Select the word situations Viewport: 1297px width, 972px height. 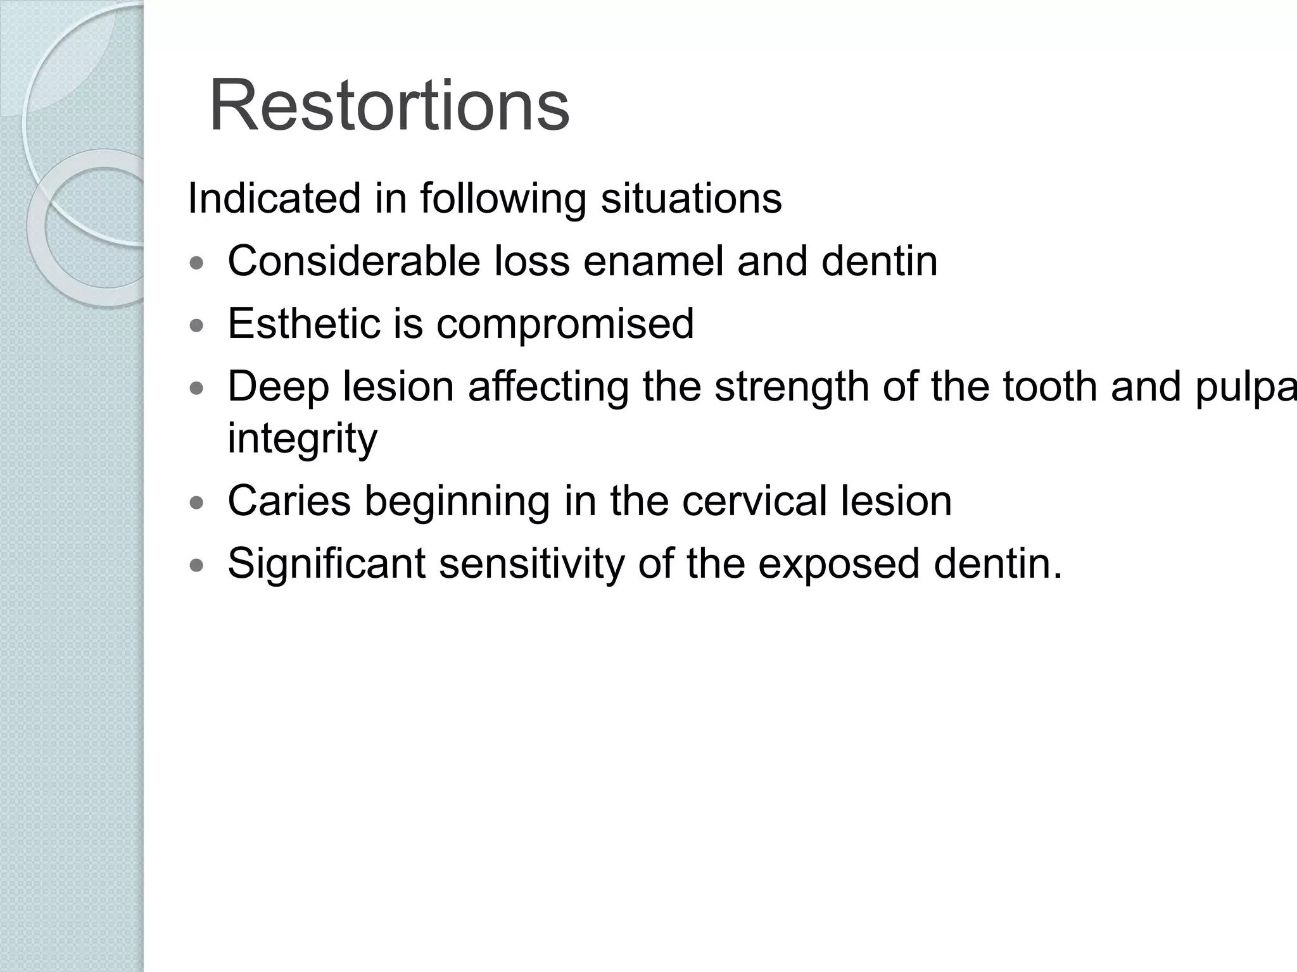691,199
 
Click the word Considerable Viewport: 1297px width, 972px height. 353,261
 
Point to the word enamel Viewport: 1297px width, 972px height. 653,261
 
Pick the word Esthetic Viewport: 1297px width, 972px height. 303,323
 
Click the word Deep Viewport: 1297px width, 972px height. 278,387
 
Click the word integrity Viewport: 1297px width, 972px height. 302,439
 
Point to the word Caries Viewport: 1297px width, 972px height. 289,501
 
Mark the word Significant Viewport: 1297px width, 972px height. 326,563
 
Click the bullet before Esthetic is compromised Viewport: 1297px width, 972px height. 198,326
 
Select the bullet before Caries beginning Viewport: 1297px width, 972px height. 198,503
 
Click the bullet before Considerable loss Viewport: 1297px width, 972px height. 198,263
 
